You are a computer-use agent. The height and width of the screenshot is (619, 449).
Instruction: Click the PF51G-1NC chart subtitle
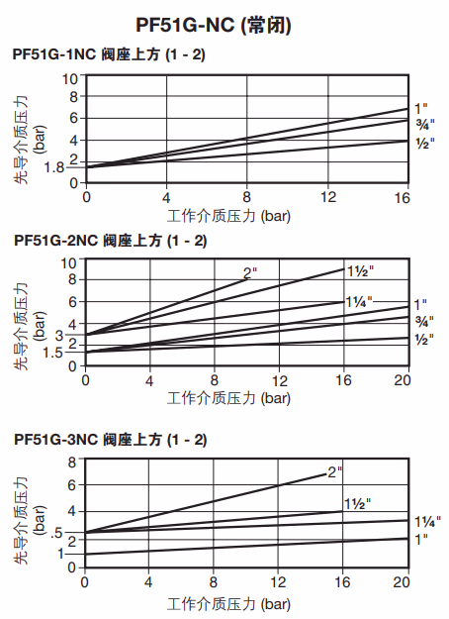pos(109,53)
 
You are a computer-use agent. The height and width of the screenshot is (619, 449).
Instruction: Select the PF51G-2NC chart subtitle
pos(109,241)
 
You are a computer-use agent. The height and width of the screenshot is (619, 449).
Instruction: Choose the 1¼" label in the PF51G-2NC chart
pos(358,301)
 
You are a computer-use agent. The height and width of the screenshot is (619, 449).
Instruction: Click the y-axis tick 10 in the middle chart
pos(70,262)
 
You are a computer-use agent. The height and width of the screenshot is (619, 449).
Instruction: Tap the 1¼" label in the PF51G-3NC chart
pos(426,521)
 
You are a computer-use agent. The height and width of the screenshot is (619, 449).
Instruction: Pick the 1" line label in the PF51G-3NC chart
pos(422,539)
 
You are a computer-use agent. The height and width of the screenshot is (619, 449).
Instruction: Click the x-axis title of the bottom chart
pos(228,601)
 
